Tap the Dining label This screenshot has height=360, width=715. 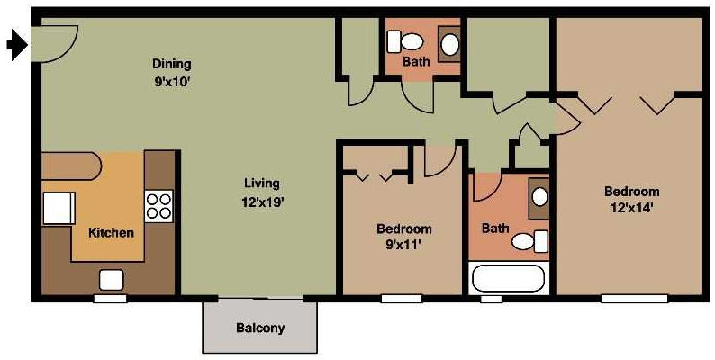171,65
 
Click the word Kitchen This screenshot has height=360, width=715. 111,232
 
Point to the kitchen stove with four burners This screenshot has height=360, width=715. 158,206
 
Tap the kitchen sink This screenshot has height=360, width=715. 112,279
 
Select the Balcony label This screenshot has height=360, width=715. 260,328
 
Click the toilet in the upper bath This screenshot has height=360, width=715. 406,41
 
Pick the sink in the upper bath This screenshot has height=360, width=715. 449,43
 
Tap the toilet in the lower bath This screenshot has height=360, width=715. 529,241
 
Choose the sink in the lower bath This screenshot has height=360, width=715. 539,198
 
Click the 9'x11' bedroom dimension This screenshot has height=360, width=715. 403,244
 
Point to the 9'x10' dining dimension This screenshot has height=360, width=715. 171,81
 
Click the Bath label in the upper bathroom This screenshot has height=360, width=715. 416,62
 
